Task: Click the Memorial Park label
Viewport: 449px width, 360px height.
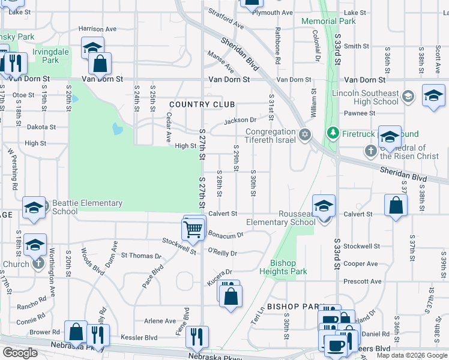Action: [328, 21]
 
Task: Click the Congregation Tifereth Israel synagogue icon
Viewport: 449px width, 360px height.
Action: [305, 133]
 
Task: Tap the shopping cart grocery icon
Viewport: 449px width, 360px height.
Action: [192, 228]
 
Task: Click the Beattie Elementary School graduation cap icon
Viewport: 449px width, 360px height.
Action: [34, 208]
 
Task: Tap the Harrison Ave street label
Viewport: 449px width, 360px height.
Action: [97, 29]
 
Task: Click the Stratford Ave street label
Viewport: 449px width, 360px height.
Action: [226, 19]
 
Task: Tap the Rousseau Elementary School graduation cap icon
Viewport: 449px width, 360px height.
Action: [324, 206]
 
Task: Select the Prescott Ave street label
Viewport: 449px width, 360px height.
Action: [363, 281]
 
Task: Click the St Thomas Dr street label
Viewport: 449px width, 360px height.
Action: [141, 256]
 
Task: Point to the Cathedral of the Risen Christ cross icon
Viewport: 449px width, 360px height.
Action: [370, 150]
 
